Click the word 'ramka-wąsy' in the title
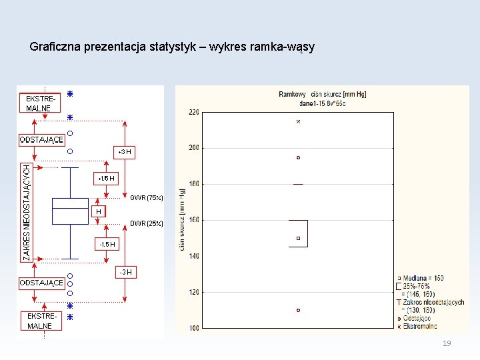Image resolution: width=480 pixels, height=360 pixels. tap(285, 47)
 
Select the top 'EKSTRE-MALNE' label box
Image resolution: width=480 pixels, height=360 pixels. tap(41, 103)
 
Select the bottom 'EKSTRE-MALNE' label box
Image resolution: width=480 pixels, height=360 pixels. tap(43, 321)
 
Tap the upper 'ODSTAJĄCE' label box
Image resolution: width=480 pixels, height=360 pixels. tap(42, 139)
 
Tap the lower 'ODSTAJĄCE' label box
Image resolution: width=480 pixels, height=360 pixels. tap(42, 283)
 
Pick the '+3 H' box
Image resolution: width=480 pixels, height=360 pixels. tap(125, 153)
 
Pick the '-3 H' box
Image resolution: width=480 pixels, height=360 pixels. tap(125, 272)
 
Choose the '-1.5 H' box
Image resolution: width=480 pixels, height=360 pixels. tap(106, 245)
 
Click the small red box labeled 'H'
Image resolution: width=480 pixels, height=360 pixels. tap(99, 212)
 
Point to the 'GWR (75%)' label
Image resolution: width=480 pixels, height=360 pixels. tap(146, 198)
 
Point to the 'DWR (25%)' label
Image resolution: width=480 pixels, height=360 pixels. tap(146, 224)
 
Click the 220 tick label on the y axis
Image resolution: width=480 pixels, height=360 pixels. tap(193, 112)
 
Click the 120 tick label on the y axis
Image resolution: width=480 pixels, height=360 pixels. tap(193, 292)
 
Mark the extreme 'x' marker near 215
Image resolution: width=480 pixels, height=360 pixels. tap(298, 122)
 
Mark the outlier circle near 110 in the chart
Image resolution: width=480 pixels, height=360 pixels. tap(298, 310)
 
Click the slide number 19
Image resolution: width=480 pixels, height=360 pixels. tap(447, 343)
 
